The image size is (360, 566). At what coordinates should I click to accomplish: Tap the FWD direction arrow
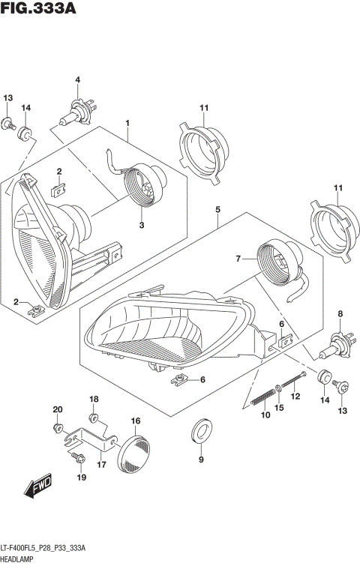click(x=37, y=489)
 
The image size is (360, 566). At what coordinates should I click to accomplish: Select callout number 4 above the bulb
click(x=77, y=80)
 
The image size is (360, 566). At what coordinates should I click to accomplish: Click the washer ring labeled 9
click(x=201, y=431)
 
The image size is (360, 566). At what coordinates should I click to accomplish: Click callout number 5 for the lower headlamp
click(x=217, y=210)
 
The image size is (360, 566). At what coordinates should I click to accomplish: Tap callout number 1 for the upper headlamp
click(x=127, y=123)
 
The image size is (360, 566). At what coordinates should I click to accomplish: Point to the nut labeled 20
click(x=58, y=428)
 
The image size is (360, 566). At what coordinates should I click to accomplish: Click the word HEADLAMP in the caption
click(x=17, y=559)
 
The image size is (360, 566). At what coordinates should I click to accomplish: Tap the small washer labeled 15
click(x=278, y=388)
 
